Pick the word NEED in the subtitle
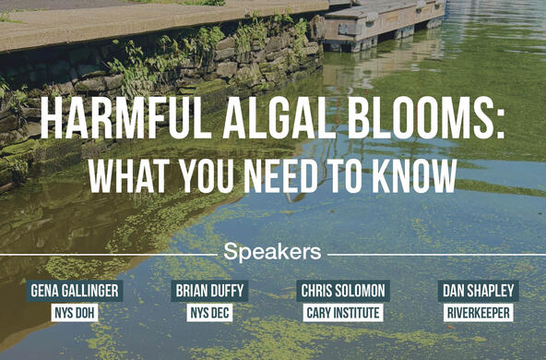coord(281,175)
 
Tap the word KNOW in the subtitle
coord(415,175)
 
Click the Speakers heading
coord(272,252)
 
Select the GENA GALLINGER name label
coord(75,291)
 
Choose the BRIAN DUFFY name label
coord(209,291)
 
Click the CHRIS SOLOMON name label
coord(343,291)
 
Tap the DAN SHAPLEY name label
coord(479,291)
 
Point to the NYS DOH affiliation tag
coord(75,313)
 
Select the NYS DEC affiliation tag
coord(209,313)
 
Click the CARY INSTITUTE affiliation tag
coord(343,313)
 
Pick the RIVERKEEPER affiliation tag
coord(479,313)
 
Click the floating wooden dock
coord(383,23)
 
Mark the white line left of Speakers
coord(109,255)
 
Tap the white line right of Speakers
coord(436,255)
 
